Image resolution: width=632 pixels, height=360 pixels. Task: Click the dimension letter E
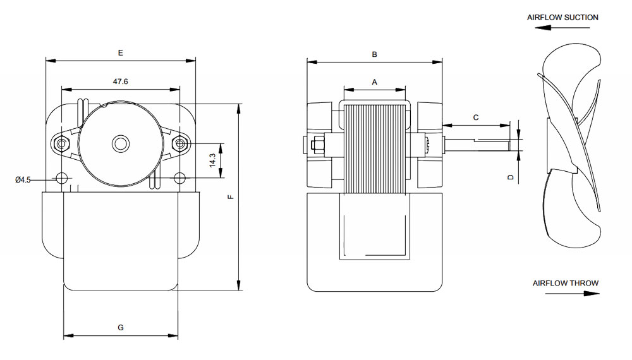tap(120, 53)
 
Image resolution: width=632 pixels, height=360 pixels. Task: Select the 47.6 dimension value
tap(121, 81)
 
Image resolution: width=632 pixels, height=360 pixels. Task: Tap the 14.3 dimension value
tap(213, 160)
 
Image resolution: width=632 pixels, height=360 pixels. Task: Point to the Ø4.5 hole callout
tap(23, 180)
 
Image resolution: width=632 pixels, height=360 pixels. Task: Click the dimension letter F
tap(231, 197)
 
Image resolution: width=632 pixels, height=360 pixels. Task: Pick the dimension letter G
tap(121, 327)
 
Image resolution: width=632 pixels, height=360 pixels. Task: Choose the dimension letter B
tap(374, 54)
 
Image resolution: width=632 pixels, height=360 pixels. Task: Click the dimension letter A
tap(374, 82)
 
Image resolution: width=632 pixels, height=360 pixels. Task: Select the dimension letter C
tap(476, 117)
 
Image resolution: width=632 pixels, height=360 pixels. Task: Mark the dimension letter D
tap(510, 177)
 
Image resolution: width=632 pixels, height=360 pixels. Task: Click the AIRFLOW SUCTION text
tap(562, 18)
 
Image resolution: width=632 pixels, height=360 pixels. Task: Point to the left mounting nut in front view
tap(61, 144)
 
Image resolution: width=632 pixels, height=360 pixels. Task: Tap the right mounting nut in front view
tap(180, 144)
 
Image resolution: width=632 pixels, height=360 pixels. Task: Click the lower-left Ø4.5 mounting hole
tap(61, 178)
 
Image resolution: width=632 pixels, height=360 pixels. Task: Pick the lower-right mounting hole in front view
tap(180, 178)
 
